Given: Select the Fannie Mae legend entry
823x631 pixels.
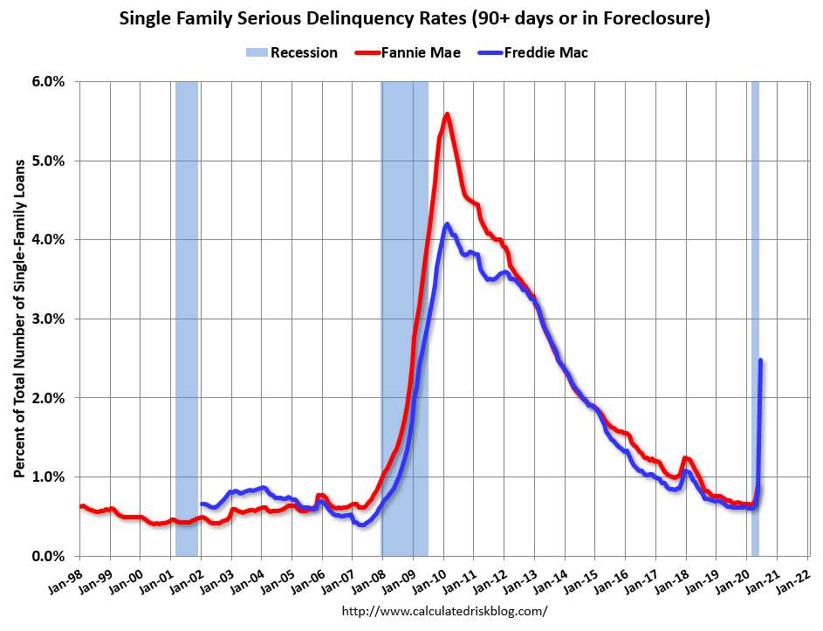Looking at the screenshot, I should pyautogui.click(x=408, y=52).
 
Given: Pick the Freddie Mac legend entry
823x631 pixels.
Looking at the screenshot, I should pyautogui.click(x=533, y=52).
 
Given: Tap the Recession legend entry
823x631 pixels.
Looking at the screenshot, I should pyautogui.click(x=291, y=52).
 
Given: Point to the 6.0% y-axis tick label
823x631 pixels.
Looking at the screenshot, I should pyautogui.click(x=49, y=81).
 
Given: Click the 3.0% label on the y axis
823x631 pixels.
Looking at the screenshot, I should pyautogui.click(x=49, y=319).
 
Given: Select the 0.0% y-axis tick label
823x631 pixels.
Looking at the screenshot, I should pyautogui.click(x=49, y=556).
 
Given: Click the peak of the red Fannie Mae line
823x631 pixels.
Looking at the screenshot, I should pyautogui.click(x=447, y=113).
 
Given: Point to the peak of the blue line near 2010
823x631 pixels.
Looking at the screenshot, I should pyautogui.click(x=447, y=224).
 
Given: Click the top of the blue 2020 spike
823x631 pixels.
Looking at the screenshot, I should pyautogui.click(x=761, y=360).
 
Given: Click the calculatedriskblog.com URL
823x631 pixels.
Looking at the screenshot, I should pyautogui.click(x=444, y=611).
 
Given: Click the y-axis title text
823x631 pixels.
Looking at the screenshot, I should pyautogui.click(x=18, y=319).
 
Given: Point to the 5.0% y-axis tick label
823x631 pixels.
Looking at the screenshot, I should pyautogui.click(x=49, y=161).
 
